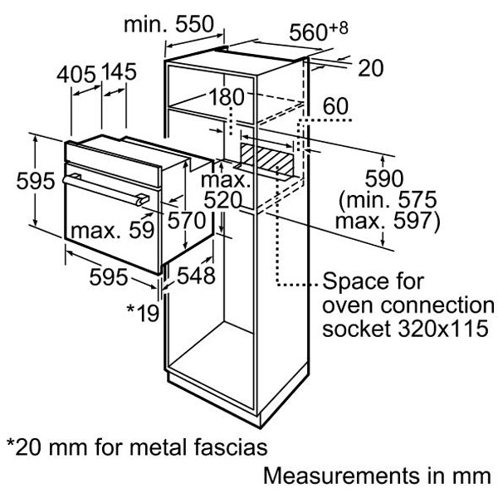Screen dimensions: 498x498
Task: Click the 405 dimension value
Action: point(75,73)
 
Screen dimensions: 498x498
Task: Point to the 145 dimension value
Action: point(119,73)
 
